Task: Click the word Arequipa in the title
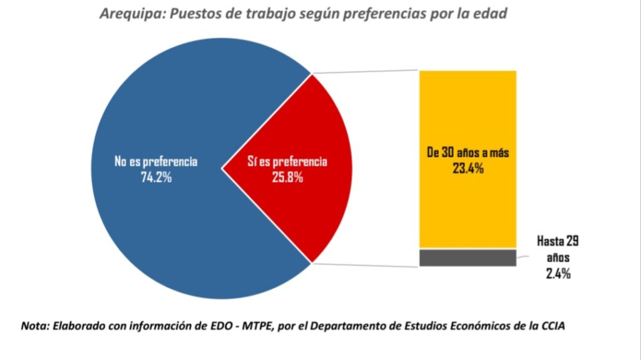pos(129,14)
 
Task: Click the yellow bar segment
pos(468,207)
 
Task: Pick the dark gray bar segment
pos(468,258)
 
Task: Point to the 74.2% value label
pos(156,177)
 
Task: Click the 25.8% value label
pos(287,177)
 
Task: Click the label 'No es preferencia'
pos(156,162)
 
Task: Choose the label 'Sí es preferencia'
pos(287,162)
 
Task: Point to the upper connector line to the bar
pos(365,71)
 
